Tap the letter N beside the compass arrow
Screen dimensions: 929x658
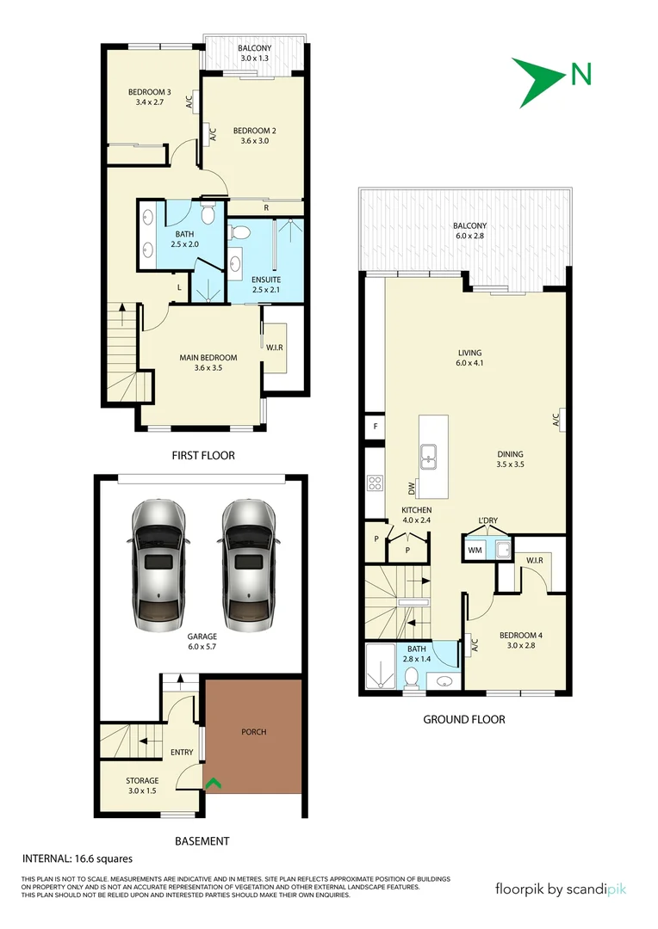(581, 75)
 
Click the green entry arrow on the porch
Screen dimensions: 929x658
(213, 783)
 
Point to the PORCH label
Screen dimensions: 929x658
(254, 732)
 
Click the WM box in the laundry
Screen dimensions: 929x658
(475, 549)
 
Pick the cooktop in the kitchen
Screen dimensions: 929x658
(375, 483)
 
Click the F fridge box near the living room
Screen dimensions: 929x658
(375, 426)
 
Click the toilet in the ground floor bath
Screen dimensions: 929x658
(413, 678)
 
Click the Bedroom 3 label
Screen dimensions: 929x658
(150, 97)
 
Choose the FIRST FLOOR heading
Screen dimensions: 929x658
(203, 455)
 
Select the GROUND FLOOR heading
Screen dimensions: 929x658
(463, 719)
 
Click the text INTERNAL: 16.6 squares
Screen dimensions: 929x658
(77, 858)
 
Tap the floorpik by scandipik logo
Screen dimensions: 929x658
(561, 889)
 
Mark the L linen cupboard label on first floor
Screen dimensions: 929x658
(178, 287)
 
